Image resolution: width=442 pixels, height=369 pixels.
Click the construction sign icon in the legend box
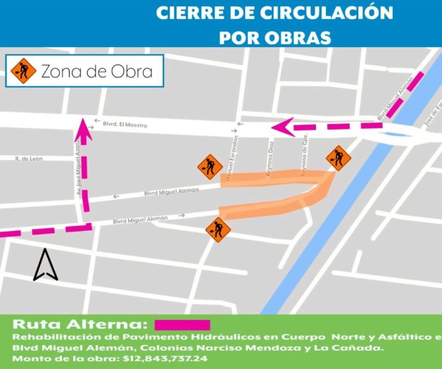click(24, 70)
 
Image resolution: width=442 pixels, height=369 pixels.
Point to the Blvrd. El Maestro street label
click(125, 124)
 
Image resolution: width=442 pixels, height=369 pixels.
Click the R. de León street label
click(29, 158)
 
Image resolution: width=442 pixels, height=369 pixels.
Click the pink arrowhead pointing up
click(83, 129)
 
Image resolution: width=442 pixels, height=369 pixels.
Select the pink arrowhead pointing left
click(282, 127)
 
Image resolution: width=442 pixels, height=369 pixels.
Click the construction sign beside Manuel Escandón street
click(210, 166)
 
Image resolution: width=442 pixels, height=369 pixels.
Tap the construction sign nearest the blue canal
click(339, 158)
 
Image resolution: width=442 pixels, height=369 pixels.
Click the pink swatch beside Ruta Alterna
click(182, 325)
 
